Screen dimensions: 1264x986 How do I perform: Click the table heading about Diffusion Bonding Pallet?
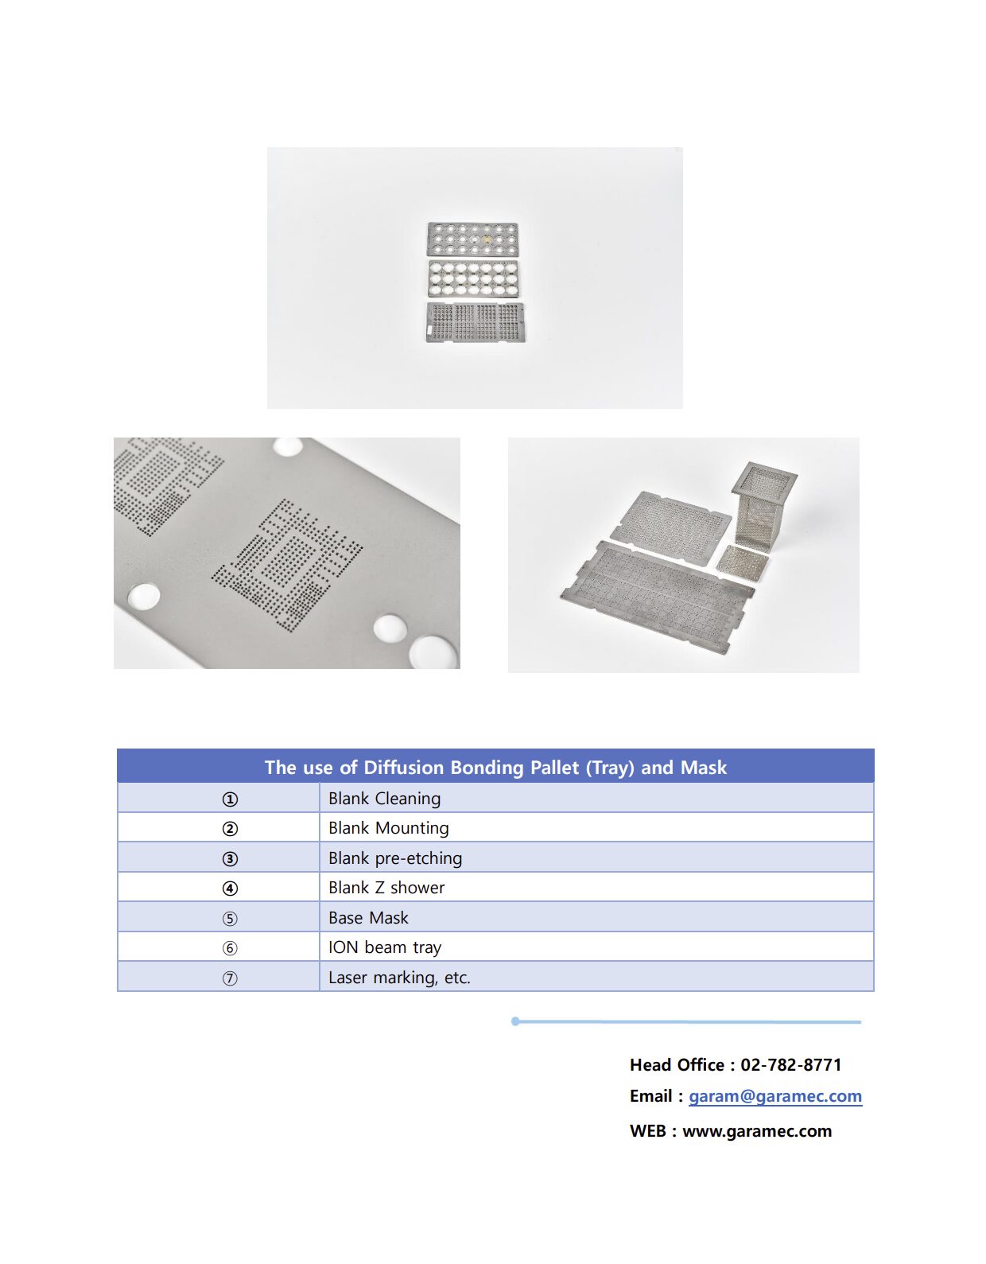click(x=495, y=767)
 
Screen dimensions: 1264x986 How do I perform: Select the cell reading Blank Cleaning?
click(x=384, y=798)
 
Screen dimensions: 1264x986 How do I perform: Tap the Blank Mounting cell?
click(x=388, y=828)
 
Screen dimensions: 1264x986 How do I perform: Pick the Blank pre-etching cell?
click(x=394, y=858)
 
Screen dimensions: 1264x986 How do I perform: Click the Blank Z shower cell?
click(x=386, y=888)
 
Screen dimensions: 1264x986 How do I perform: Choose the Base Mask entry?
click(x=368, y=917)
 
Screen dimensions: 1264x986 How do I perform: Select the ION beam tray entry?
click(x=384, y=947)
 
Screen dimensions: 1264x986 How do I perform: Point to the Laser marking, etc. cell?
click(x=399, y=977)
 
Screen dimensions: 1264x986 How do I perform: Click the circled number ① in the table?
click(x=230, y=799)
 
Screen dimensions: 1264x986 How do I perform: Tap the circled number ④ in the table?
click(x=230, y=889)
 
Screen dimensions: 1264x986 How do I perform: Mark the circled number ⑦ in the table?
click(x=230, y=978)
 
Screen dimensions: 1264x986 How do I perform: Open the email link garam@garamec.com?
click(x=774, y=1095)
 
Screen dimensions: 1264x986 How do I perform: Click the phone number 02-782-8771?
click(x=790, y=1064)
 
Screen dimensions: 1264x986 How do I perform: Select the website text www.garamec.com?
click(x=757, y=1130)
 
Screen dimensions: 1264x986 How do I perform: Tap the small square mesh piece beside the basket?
click(x=743, y=562)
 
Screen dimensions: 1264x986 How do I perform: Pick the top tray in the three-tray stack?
click(x=473, y=239)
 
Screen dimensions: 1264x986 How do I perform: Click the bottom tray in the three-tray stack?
click(x=475, y=321)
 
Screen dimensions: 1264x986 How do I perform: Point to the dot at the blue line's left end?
click(x=515, y=1021)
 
